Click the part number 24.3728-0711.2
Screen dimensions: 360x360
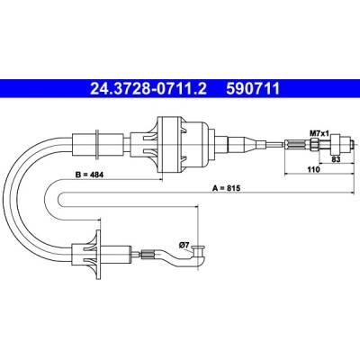(148, 88)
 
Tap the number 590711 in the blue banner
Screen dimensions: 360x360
(253, 88)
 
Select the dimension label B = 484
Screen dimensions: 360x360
(89, 175)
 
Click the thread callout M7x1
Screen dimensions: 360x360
(319, 133)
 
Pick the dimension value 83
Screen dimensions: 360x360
(336, 159)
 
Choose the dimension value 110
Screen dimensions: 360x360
(314, 169)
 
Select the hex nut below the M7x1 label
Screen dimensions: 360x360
(314, 144)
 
